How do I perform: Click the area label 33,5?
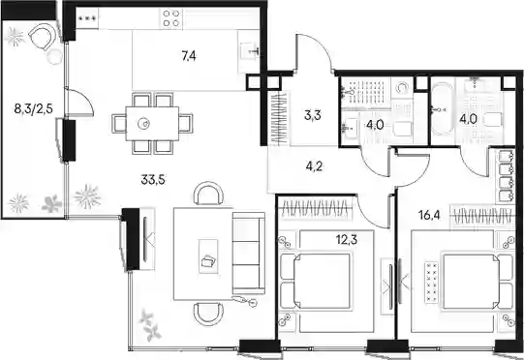tap(153, 180)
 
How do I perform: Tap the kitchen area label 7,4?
tap(189, 56)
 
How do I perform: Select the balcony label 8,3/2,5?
tap(34, 108)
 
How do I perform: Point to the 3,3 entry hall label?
tap(313, 115)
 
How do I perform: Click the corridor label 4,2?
tap(314, 166)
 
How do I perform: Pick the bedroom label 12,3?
tap(347, 239)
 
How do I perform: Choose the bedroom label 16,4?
tap(429, 216)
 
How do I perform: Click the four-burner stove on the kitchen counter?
tap(171, 18)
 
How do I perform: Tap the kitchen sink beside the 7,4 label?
tap(249, 52)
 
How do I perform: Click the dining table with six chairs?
tap(152, 124)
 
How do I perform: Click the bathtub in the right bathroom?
tap(442, 108)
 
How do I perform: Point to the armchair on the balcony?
tap(42, 37)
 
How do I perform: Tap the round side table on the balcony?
tap(54, 56)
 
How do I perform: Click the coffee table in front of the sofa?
tap(208, 256)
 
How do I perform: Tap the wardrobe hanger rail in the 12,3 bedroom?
tap(316, 209)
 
